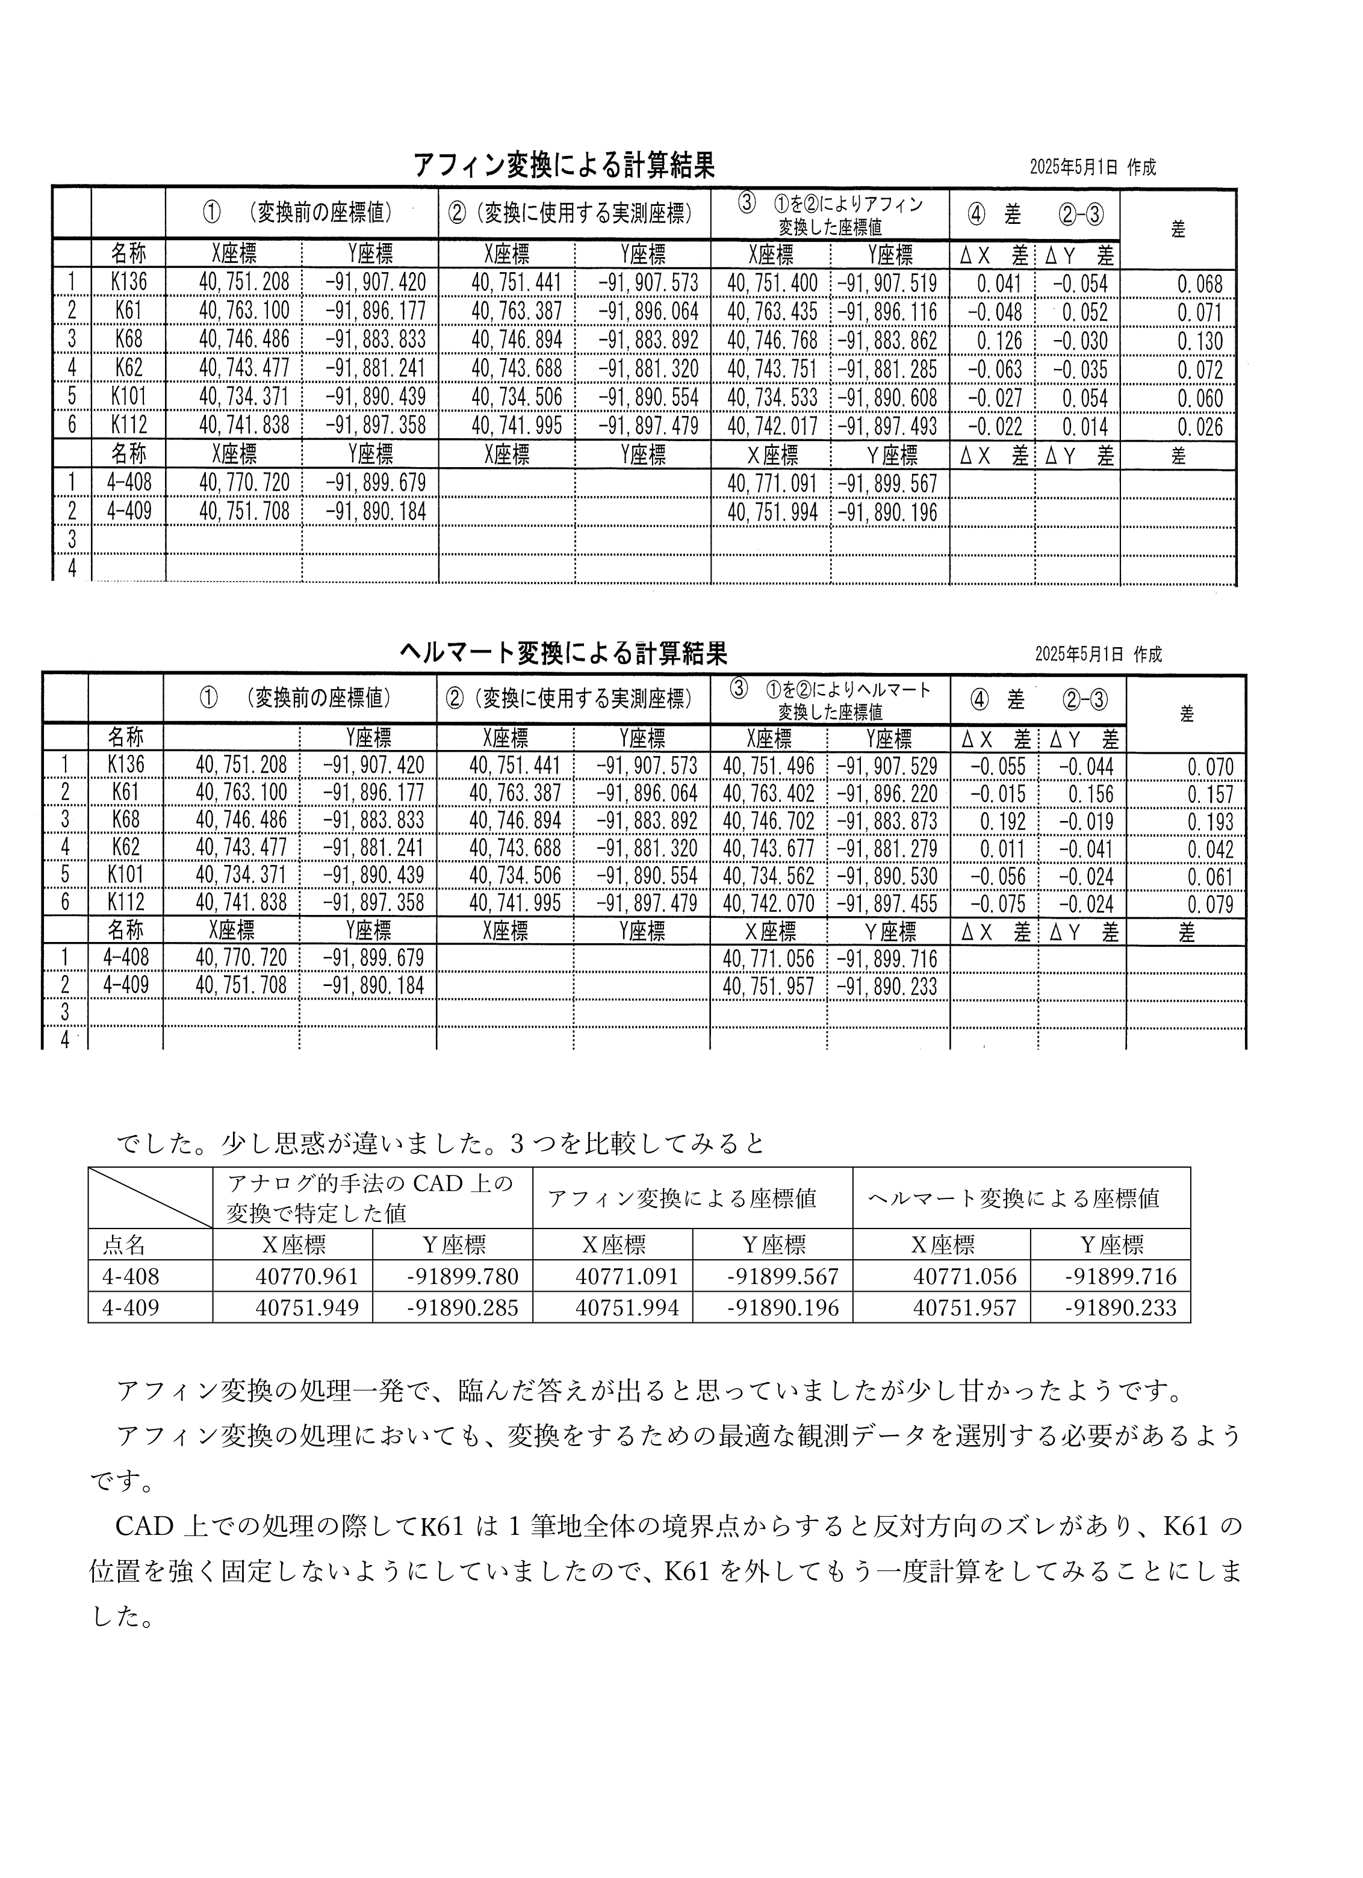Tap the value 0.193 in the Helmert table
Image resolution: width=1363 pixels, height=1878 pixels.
pyautogui.click(x=1210, y=822)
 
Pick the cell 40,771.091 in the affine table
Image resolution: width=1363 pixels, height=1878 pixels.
pyautogui.click(x=772, y=483)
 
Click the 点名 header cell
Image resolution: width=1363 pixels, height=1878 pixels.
pyautogui.click(x=124, y=1245)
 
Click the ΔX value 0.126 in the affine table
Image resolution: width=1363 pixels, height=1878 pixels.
pyautogui.click(x=999, y=341)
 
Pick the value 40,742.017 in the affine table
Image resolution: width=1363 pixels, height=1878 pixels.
pyautogui.click(x=772, y=426)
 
